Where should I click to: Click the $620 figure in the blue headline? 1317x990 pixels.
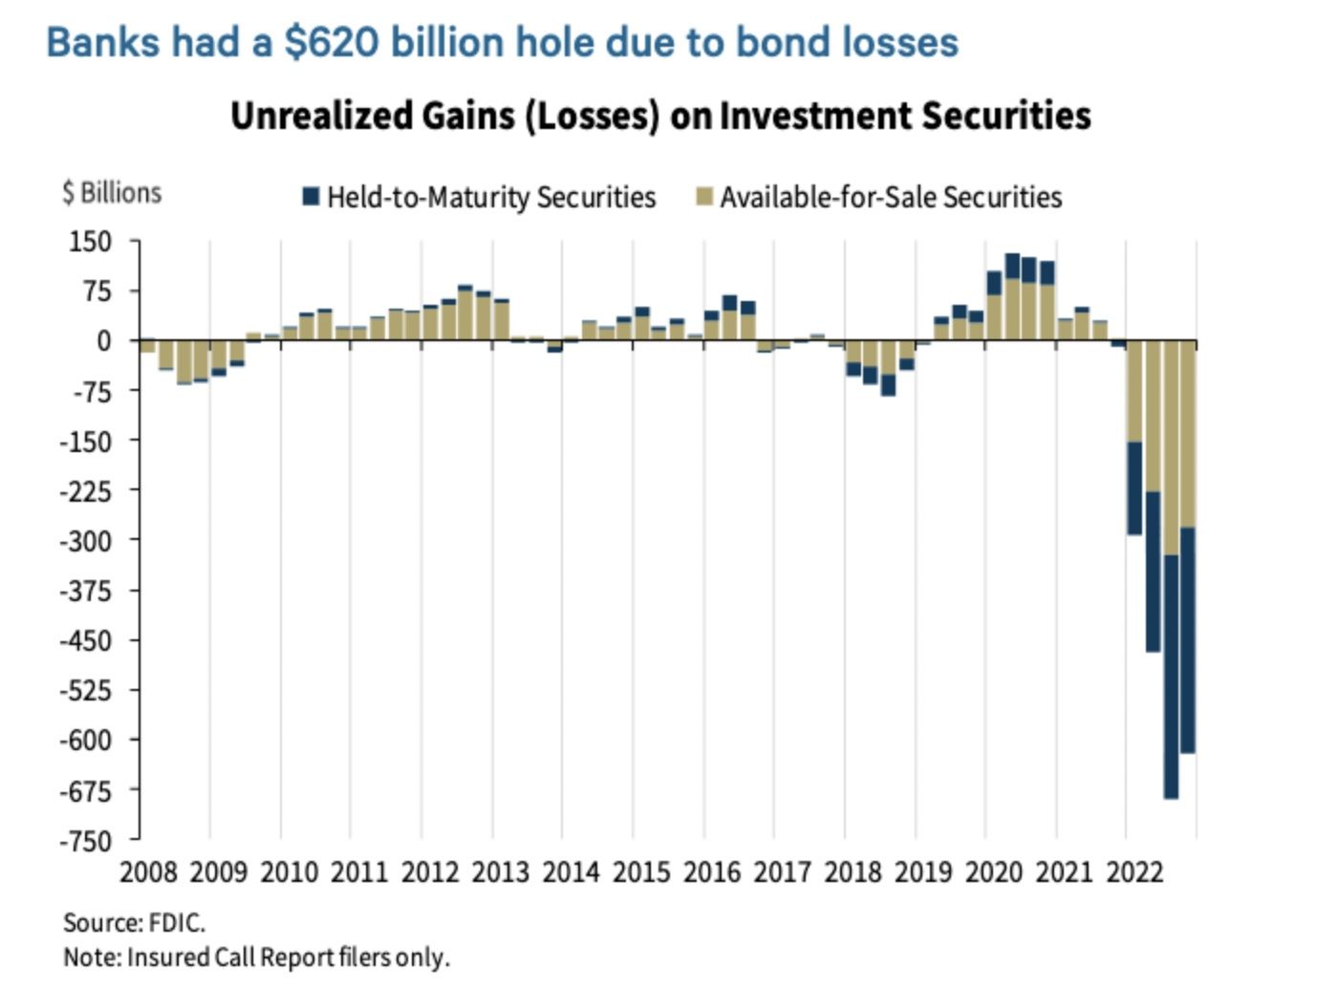coord(331,43)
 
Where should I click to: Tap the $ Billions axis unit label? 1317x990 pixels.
coord(112,193)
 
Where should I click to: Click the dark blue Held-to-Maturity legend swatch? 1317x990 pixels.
coord(311,197)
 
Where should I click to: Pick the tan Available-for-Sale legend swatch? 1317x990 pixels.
coord(704,197)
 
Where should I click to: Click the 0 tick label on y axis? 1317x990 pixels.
coord(104,341)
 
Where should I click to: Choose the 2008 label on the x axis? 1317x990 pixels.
coord(148,872)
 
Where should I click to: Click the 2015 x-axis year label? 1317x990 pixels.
coord(641,872)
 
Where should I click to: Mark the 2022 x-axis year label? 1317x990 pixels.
coord(1134,872)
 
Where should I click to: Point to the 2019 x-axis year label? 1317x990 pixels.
coord(923,872)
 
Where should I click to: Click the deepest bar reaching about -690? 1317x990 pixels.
coord(1171,573)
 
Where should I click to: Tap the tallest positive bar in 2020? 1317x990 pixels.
coord(1012,296)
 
